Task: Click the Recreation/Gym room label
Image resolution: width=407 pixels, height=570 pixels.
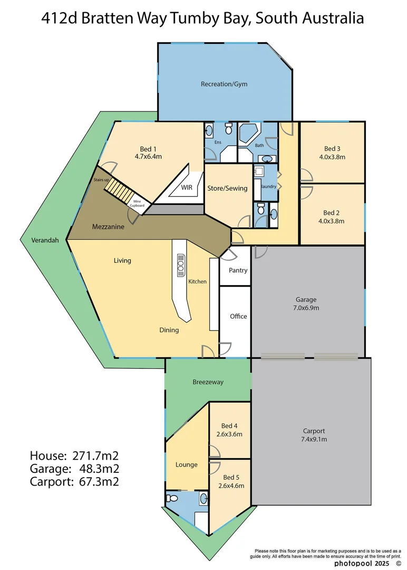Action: click(224, 84)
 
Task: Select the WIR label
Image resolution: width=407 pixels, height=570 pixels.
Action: click(186, 187)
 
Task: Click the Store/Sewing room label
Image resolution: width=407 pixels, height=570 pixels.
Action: click(227, 188)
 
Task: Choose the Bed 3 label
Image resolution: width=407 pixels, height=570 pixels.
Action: click(332, 148)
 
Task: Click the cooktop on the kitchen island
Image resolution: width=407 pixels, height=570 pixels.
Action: click(180, 264)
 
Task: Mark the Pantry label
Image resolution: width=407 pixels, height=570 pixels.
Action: click(238, 270)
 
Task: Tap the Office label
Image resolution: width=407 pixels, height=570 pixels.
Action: click(238, 316)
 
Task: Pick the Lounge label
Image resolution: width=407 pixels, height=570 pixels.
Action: click(187, 464)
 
